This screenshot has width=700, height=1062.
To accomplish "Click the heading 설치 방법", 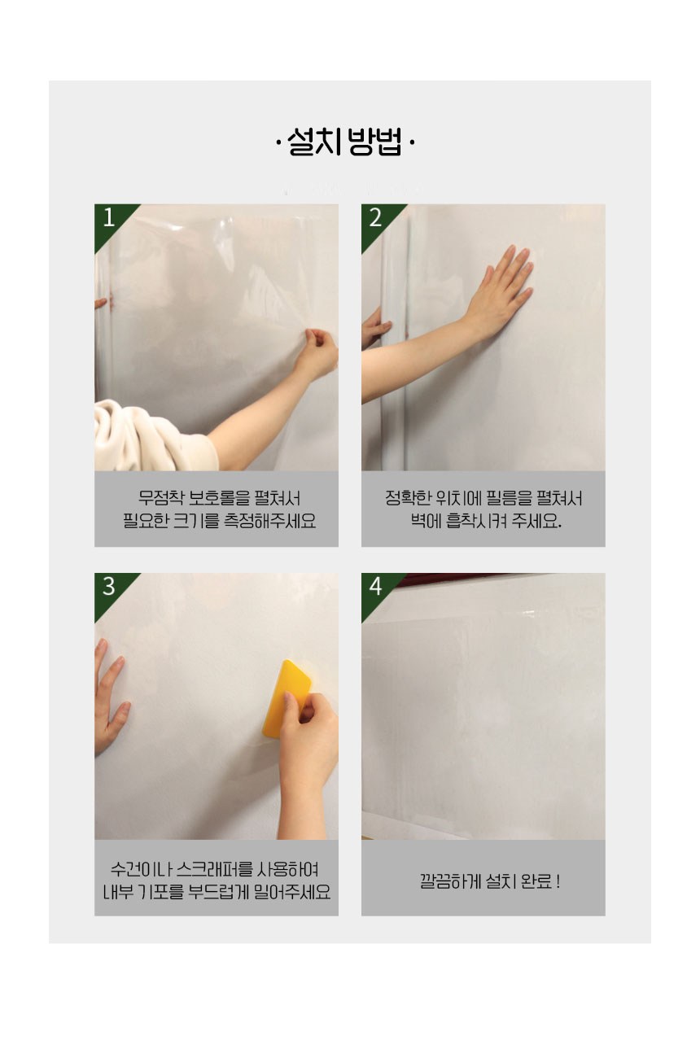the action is (345, 142).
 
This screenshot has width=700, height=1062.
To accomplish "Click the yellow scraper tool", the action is (286, 699).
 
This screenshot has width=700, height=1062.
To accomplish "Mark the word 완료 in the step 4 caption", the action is (537, 881).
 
